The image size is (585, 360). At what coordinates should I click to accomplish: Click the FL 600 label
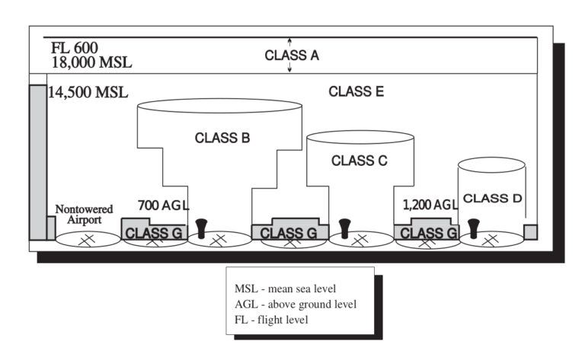pyautogui.click(x=74, y=47)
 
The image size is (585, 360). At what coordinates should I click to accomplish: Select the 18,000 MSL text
pyautogui.click(x=91, y=62)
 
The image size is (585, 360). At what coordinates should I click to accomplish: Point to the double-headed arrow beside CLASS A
pyautogui.click(x=289, y=56)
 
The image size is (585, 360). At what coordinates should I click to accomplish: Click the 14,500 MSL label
pyautogui.click(x=88, y=93)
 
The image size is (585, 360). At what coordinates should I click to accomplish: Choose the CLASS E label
pyautogui.click(x=356, y=91)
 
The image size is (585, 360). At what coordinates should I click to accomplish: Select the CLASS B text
pyautogui.click(x=222, y=138)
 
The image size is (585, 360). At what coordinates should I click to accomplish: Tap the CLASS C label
pyautogui.click(x=360, y=161)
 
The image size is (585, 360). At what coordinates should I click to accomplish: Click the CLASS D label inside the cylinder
pyautogui.click(x=492, y=198)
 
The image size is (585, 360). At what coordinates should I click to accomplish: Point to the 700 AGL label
pyautogui.click(x=162, y=205)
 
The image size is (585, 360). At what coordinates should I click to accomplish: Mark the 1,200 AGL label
pyautogui.click(x=430, y=205)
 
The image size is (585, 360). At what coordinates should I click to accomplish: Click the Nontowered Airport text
pyautogui.click(x=84, y=214)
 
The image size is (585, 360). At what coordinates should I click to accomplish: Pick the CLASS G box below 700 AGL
pyautogui.click(x=152, y=232)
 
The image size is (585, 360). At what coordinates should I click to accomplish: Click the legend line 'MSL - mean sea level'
pyautogui.click(x=286, y=289)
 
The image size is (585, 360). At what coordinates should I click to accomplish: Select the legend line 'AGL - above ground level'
pyautogui.click(x=296, y=304)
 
